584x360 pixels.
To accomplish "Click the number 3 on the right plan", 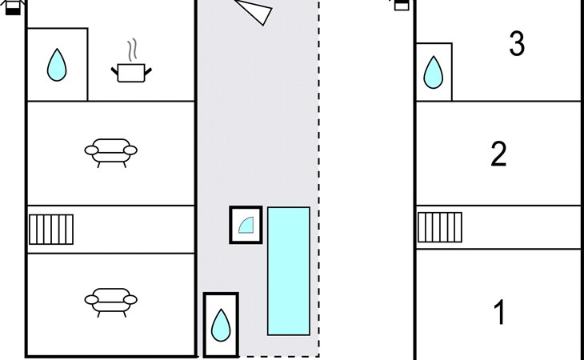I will click(x=517, y=44).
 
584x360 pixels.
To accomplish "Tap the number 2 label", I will click(x=498, y=154).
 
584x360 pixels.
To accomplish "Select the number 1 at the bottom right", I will click(x=500, y=312).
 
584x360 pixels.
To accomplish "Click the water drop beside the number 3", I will click(x=433, y=72).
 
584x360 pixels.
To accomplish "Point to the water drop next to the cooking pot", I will click(x=56, y=65).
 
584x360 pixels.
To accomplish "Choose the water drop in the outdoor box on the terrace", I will click(x=221, y=325).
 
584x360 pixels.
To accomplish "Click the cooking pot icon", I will click(x=131, y=73).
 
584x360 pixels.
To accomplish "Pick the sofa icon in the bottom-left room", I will click(x=111, y=300).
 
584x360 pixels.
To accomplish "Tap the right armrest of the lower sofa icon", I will click(x=130, y=300).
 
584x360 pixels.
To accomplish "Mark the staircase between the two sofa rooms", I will click(x=51, y=229).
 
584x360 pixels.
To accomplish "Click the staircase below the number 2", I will click(x=440, y=226).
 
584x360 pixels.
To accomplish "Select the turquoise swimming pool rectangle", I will click(x=289, y=270).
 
